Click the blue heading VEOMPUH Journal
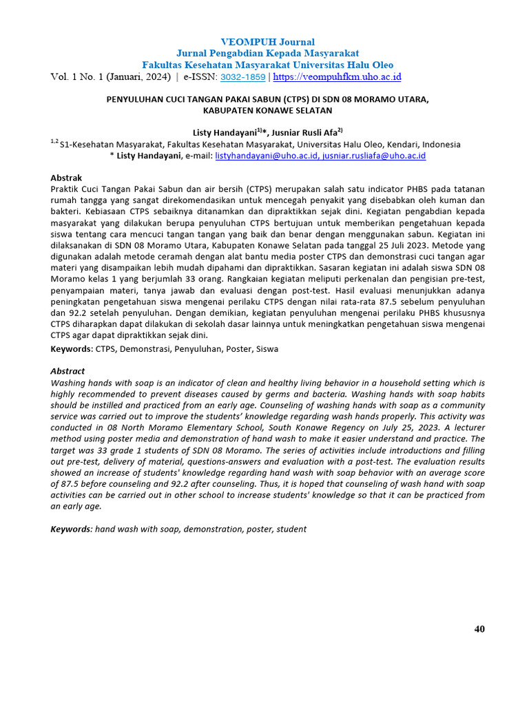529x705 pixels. pos(268,42)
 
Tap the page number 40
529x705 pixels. pos(479,629)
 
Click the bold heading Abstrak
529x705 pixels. pos(66,178)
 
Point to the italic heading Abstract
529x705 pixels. pos(68,371)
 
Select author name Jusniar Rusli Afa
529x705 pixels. pos(307,132)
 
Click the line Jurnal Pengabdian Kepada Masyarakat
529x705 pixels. pos(268,53)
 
